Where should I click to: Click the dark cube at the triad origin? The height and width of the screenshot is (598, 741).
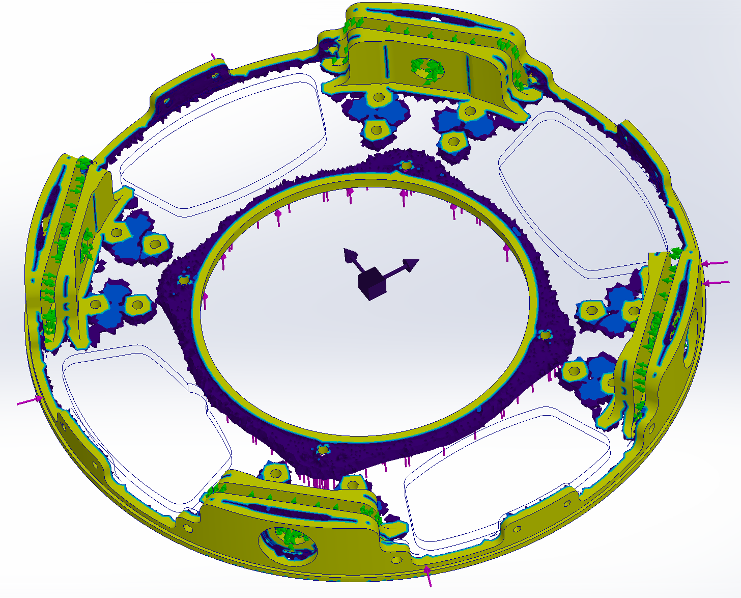pyautogui.click(x=372, y=283)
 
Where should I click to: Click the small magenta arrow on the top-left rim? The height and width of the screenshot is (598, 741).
pyautogui.click(x=214, y=56)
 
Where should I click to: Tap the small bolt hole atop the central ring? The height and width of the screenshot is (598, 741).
pyautogui.click(x=406, y=165)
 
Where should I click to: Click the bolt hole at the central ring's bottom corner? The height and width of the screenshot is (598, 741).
pyautogui.click(x=323, y=449)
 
